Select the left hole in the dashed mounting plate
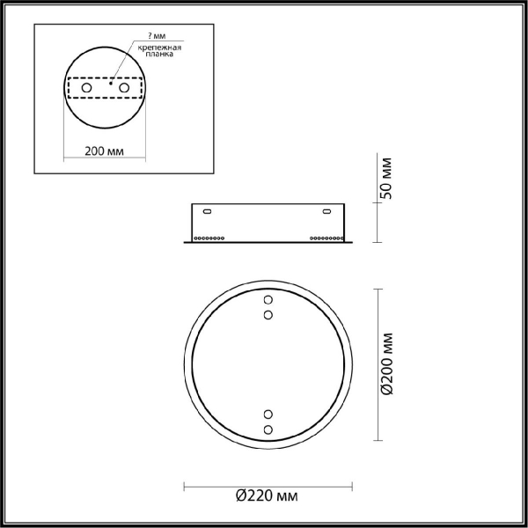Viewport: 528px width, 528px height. tap(86, 90)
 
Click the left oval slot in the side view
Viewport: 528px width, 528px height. tap(207, 212)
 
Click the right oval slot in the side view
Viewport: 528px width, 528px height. tap(326, 212)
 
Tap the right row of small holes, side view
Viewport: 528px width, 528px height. tap(325, 238)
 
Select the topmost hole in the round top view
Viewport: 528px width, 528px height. tap(268, 300)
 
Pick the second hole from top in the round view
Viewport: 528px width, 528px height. tap(268, 314)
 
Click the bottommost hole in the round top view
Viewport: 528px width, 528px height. tap(268, 429)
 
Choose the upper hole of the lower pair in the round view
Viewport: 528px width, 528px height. tap(268, 414)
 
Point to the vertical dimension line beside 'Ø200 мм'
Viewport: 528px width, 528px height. tap(378, 364)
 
